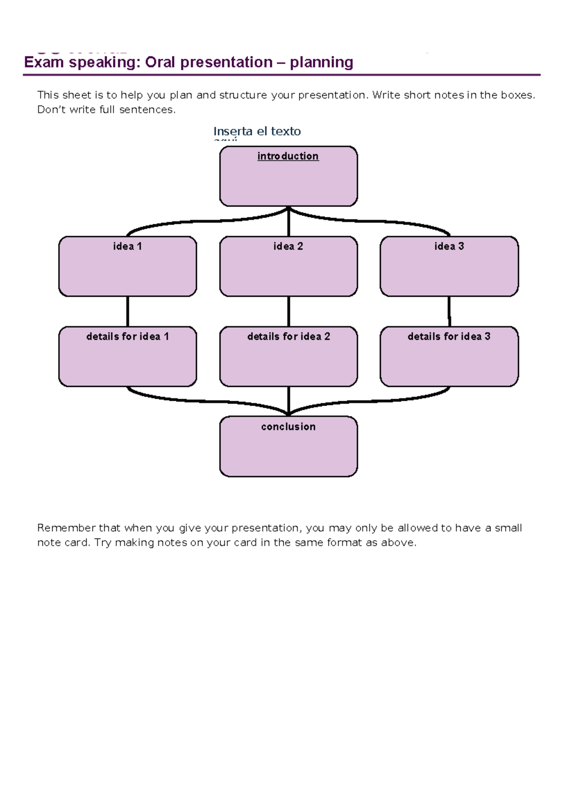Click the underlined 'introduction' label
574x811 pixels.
point(288,156)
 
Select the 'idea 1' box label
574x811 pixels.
point(127,246)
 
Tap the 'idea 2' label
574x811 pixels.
point(288,246)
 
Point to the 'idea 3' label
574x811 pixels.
point(449,246)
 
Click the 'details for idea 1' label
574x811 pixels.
point(127,337)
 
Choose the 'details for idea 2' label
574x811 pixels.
point(288,337)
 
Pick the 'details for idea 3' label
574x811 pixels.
point(449,337)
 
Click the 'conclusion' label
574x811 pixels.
point(288,427)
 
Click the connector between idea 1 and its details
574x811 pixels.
point(128,311)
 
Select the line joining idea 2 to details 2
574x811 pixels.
point(288,311)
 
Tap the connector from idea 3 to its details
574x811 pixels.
point(449,311)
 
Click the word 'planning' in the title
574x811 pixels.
point(321,63)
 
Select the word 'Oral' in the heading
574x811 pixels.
point(160,63)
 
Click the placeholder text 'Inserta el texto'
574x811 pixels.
point(257,131)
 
